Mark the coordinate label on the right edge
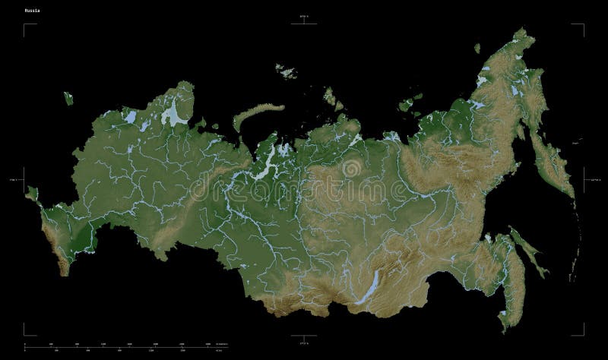594,179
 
